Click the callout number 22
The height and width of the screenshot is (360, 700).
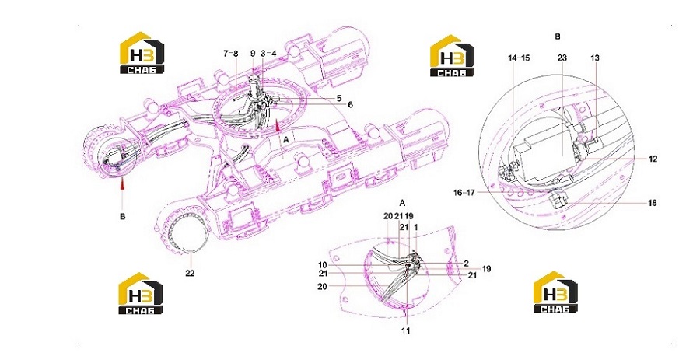click(x=191, y=273)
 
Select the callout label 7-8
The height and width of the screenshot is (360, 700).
click(x=231, y=54)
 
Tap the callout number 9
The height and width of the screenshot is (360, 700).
click(x=253, y=54)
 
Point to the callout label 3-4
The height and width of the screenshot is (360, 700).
click(x=268, y=54)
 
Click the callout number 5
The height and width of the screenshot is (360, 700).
click(x=339, y=98)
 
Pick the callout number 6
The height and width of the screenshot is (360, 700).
click(x=351, y=105)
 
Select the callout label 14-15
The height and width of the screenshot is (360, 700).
click(x=519, y=58)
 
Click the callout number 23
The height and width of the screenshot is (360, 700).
click(x=562, y=58)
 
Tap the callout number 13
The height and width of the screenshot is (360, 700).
click(x=595, y=58)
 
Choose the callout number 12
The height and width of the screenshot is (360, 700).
click(x=653, y=159)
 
